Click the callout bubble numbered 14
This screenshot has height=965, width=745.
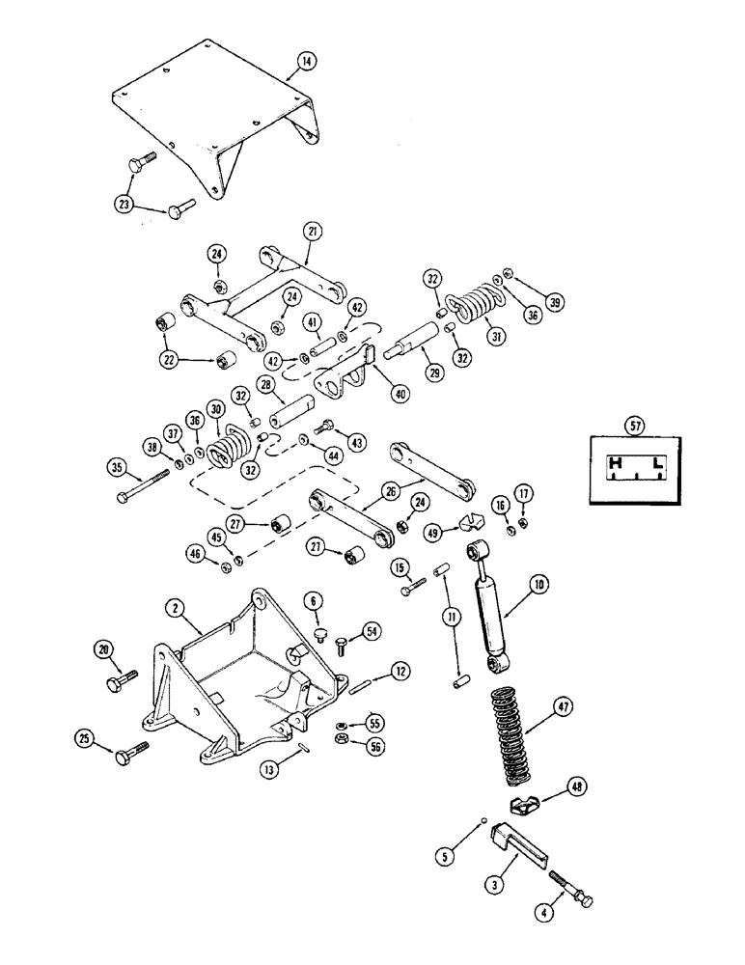click(305, 62)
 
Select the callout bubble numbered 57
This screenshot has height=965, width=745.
click(635, 422)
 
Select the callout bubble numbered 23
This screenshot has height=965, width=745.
click(125, 204)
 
